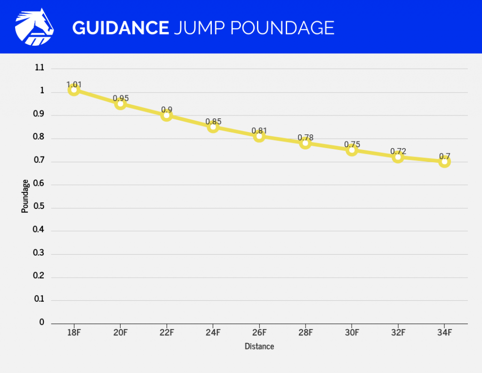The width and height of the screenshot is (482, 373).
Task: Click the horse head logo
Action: coord(34,27)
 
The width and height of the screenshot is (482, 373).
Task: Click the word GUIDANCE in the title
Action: coord(120,28)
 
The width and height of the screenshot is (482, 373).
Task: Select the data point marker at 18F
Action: coord(73,90)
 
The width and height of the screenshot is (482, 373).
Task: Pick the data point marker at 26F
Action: coord(259,136)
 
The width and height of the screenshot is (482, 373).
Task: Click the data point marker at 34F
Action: coord(444,162)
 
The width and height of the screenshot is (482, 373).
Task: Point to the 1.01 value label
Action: coord(74,85)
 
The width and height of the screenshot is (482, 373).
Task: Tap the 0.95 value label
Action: coord(120,99)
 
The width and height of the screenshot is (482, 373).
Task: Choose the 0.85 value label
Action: coord(213,122)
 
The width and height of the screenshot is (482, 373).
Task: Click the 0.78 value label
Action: coord(305,138)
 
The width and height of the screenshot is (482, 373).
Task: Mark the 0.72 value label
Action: coord(398,151)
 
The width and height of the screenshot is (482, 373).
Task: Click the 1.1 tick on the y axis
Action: coord(40,68)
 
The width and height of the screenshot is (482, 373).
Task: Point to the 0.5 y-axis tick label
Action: coord(39,207)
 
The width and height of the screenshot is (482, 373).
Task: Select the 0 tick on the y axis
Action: coord(41,323)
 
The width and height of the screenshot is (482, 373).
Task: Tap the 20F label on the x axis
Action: coord(120,333)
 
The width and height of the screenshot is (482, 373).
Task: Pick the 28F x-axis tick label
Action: coord(305,333)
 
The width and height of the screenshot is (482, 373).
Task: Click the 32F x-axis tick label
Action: coord(398,333)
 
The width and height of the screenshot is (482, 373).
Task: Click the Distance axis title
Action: coord(259,347)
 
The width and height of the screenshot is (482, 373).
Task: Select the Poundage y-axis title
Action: coord(25,196)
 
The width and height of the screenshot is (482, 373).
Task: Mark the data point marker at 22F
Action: coord(167,115)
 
